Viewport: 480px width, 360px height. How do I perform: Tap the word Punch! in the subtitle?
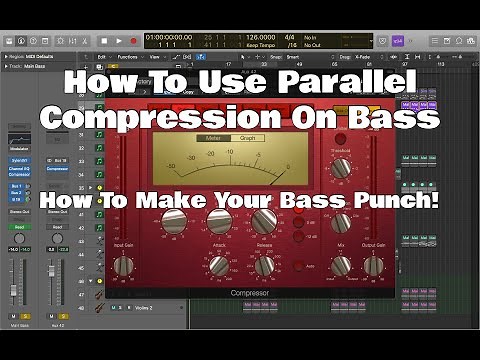(398, 199)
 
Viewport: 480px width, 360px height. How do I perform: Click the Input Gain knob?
(124, 265)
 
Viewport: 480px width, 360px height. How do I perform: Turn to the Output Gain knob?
(372, 265)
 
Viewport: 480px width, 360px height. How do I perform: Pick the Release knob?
(265, 265)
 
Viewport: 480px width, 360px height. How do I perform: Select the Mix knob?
(342, 265)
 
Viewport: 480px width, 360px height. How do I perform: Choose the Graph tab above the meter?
(245, 139)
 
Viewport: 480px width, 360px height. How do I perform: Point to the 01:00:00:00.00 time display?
(169, 36)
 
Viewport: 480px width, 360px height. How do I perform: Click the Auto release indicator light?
(296, 266)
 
